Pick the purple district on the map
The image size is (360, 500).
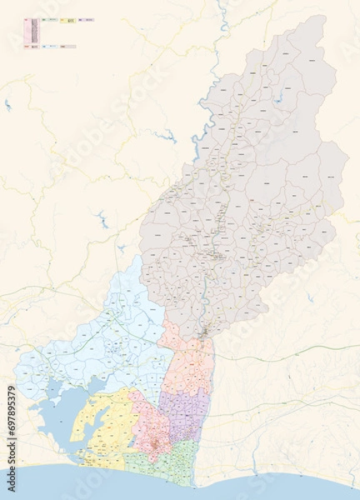(x=185, y=408)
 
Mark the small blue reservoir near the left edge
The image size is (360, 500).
(x=7, y=106)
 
